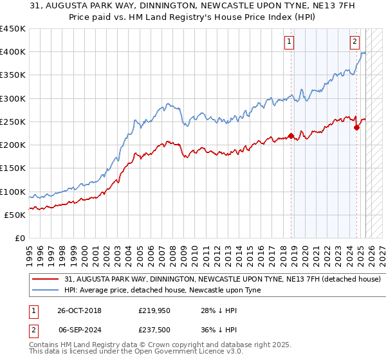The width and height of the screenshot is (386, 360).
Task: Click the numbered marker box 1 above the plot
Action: point(289,42)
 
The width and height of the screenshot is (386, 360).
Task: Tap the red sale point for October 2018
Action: point(291,136)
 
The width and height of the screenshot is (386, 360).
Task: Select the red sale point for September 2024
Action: point(356,127)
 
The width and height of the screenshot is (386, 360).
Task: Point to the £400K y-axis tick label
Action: point(13,52)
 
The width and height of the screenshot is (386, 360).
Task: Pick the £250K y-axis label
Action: point(13,122)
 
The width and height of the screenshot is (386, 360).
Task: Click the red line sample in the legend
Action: point(46,280)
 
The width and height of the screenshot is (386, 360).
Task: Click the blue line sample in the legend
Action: point(46,291)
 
